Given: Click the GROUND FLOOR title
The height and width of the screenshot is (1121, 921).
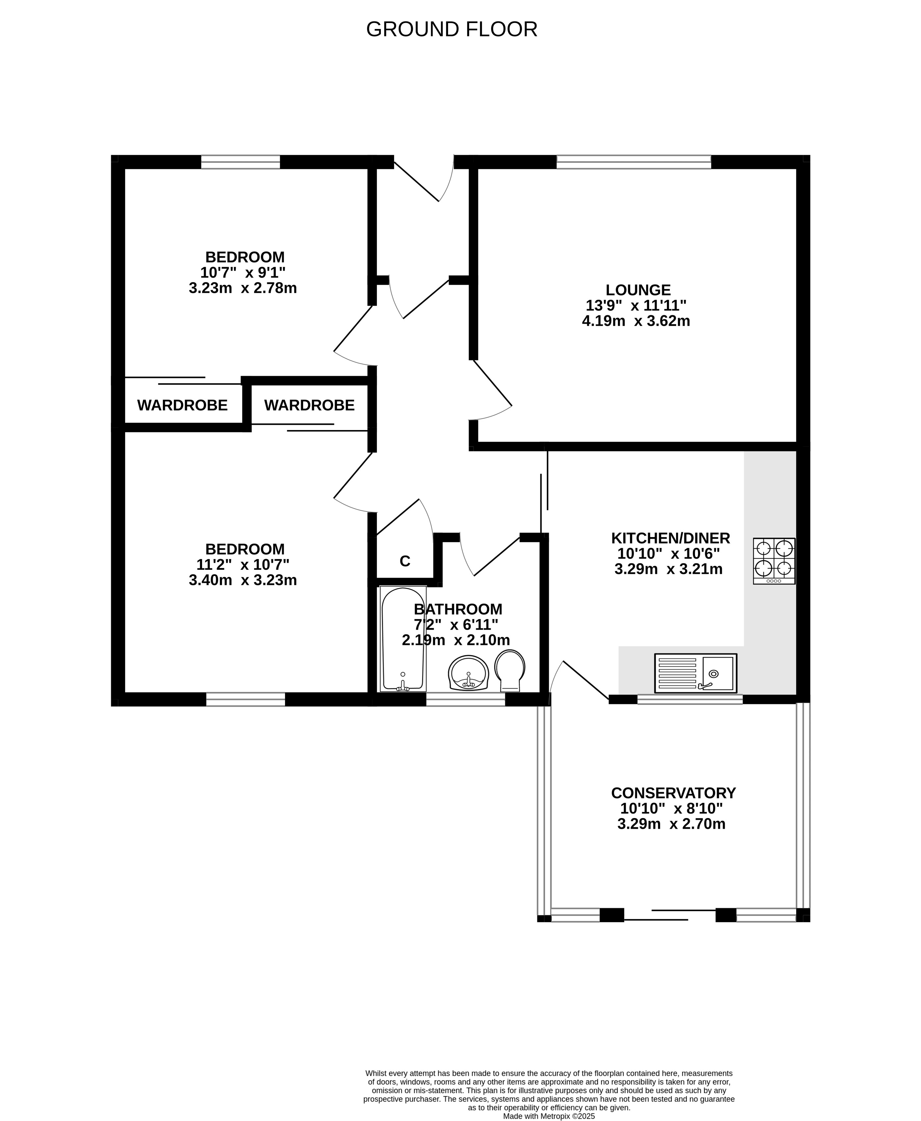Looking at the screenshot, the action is click(x=452, y=29).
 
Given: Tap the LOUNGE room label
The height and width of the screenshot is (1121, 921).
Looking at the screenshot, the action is click(x=638, y=290).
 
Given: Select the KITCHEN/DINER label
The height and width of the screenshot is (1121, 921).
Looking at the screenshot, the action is click(x=671, y=538).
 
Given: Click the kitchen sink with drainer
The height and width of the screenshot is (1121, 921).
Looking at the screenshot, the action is click(x=696, y=673).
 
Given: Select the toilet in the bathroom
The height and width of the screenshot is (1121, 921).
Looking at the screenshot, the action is click(x=510, y=671).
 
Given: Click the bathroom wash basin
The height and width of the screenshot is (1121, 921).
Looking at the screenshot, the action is click(x=468, y=673).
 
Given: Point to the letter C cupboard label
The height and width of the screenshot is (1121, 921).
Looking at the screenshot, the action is click(x=405, y=561).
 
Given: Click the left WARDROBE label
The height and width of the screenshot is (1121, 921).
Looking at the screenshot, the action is click(x=182, y=405).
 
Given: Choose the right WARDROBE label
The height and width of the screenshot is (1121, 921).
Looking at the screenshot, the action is click(x=309, y=405).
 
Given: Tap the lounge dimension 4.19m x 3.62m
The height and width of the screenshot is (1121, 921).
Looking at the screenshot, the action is click(x=636, y=321).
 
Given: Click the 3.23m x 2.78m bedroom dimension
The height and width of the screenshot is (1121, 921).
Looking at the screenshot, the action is click(x=243, y=288).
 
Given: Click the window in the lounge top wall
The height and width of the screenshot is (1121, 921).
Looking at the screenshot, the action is click(x=633, y=162).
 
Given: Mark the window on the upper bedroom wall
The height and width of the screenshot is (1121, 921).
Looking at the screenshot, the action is click(x=240, y=162).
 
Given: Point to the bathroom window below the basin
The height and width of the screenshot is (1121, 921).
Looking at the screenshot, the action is click(x=466, y=699).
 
